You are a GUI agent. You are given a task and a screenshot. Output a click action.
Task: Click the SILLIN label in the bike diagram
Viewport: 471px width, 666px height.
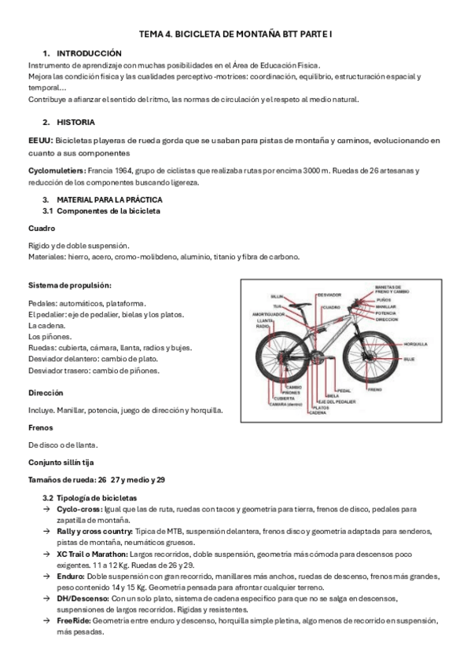tap(277, 296)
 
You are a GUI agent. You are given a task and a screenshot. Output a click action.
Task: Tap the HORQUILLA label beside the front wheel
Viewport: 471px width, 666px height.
tap(414, 343)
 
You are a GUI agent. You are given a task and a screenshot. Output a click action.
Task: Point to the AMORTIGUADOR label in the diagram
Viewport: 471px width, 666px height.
tap(268, 313)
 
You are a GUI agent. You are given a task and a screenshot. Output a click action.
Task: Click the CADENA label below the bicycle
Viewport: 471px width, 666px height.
tap(318, 412)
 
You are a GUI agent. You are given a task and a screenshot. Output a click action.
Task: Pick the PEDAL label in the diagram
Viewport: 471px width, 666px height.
tap(344, 390)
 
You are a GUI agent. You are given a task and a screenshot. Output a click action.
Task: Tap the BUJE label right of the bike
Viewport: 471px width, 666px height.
tap(410, 359)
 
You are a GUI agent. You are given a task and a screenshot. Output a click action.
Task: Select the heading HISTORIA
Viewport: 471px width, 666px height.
tap(76, 123)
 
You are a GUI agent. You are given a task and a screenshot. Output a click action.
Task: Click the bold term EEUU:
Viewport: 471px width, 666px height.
tap(40, 140)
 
